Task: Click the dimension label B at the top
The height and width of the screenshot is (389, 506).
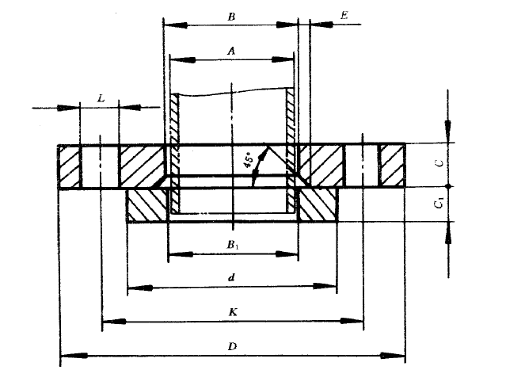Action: (x=230, y=15)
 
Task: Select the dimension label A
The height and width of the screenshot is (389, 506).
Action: (x=231, y=50)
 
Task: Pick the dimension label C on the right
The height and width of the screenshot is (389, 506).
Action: (x=437, y=165)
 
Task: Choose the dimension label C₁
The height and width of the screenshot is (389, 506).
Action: (x=438, y=204)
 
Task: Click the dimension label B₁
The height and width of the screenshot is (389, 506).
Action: (x=233, y=244)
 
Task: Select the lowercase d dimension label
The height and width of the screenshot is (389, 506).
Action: (x=232, y=278)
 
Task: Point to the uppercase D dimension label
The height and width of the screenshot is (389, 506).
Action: (x=232, y=346)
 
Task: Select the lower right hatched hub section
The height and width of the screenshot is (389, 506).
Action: (x=318, y=205)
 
